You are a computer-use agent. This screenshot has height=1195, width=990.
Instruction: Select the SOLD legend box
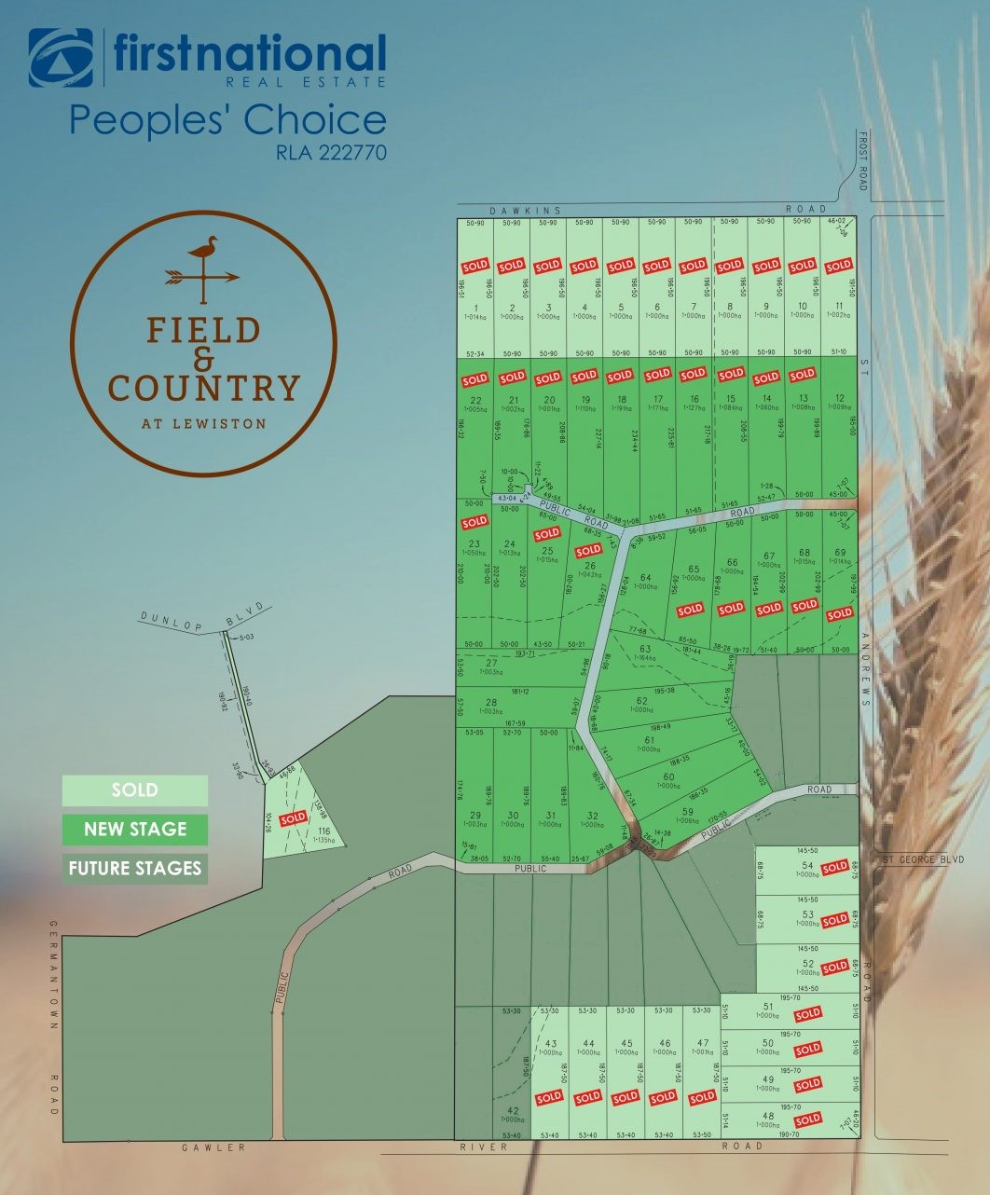pyautogui.click(x=135, y=790)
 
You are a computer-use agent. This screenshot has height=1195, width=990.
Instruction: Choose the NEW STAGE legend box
pyautogui.click(x=135, y=830)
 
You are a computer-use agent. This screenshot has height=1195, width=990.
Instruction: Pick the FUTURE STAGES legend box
pyautogui.click(x=135, y=869)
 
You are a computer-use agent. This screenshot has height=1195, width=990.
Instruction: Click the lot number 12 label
pyautogui.click(x=840, y=398)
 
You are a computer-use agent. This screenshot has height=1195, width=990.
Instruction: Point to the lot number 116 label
pyautogui.click(x=324, y=831)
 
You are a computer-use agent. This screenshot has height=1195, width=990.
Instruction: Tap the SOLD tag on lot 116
pyautogui.click(x=293, y=818)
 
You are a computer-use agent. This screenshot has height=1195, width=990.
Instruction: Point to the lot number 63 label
pyautogui.click(x=644, y=649)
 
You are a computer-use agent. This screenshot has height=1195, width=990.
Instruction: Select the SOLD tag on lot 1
pyautogui.click(x=475, y=267)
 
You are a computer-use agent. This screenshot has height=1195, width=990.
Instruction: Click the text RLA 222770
pyautogui.click(x=331, y=151)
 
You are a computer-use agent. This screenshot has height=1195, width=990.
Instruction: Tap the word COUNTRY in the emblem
pyautogui.click(x=204, y=387)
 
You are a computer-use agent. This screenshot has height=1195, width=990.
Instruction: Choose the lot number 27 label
pyautogui.click(x=492, y=663)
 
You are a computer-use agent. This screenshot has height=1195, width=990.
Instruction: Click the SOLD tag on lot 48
pyautogui.click(x=807, y=1119)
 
